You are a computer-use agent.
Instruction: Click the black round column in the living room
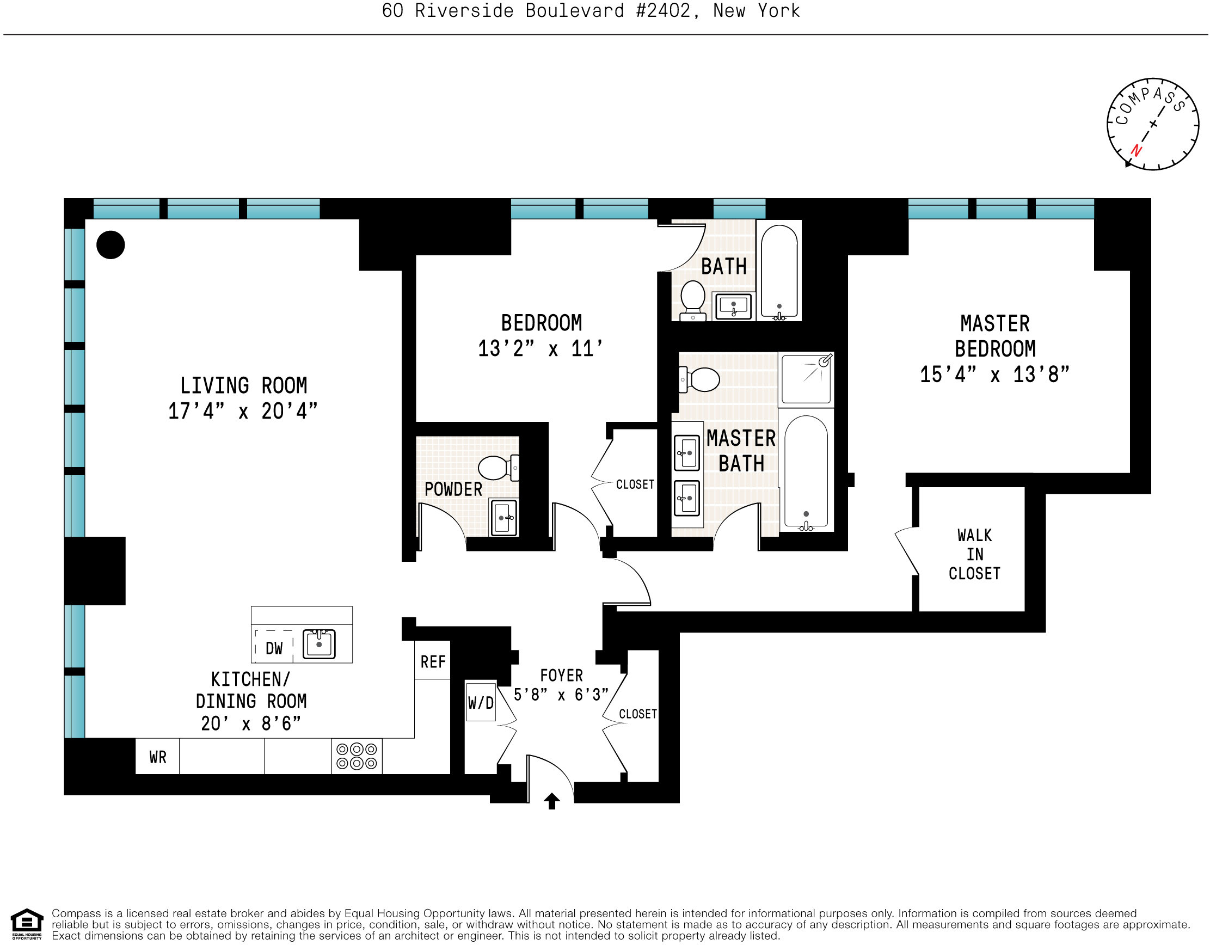click(x=110, y=245)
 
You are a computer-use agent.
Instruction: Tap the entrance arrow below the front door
click(x=552, y=801)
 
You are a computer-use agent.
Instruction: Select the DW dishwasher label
click(x=274, y=648)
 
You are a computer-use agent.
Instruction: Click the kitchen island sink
click(x=319, y=644)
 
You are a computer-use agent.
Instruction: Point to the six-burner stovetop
click(x=357, y=757)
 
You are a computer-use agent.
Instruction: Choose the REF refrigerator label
click(x=433, y=662)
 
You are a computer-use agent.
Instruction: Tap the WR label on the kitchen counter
click(x=158, y=757)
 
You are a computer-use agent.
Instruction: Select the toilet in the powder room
click(x=496, y=468)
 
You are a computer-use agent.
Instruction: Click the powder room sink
click(x=503, y=518)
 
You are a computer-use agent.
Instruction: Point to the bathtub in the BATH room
click(x=779, y=272)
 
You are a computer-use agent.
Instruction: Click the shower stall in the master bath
click(x=806, y=379)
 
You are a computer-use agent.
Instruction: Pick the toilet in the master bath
click(x=701, y=379)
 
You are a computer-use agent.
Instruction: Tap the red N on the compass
click(x=1137, y=150)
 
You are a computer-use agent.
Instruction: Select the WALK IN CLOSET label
click(x=974, y=555)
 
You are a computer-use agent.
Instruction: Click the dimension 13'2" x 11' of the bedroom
click(x=540, y=349)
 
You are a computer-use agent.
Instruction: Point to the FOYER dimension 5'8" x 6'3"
click(x=561, y=695)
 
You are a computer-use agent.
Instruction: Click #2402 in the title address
click(x=662, y=10)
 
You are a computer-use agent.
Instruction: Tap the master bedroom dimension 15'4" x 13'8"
click(x=994, y=375)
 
